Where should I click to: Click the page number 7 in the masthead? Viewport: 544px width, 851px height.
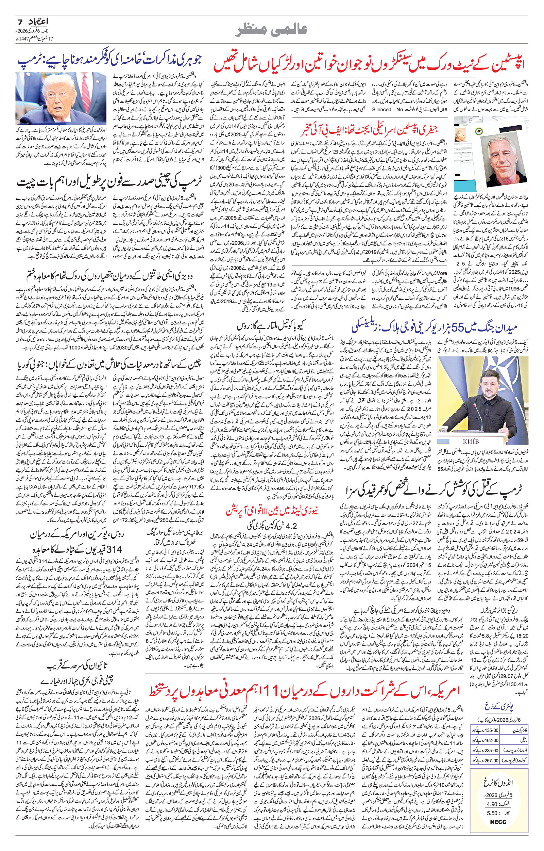point(20,21)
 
